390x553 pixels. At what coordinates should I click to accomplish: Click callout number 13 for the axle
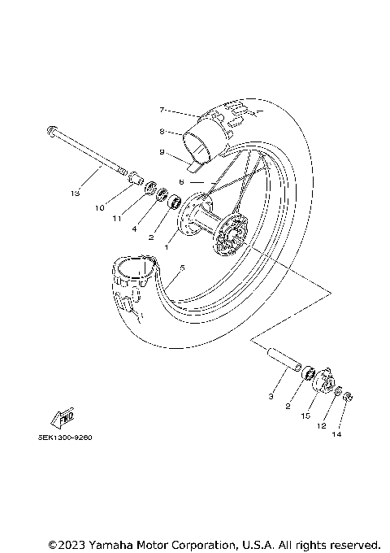click(x=75, y=194)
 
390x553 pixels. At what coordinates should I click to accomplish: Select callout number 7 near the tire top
click(x=162, y=109)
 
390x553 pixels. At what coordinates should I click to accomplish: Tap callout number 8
click(x=162, y=130)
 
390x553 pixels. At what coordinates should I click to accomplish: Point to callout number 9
click(x=162, y=152)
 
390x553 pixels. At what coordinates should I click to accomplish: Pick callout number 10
click(x=100, y=208)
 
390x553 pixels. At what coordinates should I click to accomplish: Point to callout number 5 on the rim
click(x=182, y=268)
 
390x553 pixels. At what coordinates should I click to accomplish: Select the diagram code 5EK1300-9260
click(x=65, y=437)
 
